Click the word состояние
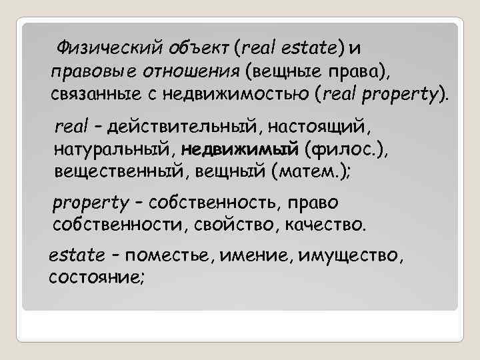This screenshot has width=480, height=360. point(95,277)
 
